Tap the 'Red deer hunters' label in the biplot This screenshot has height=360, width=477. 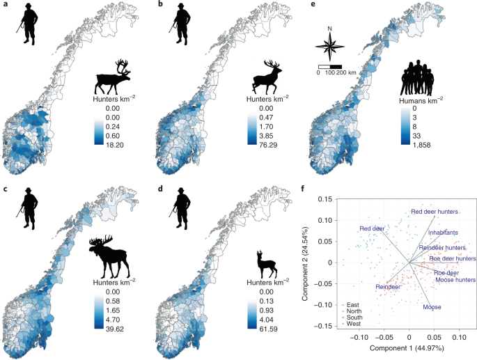click(x=437, y=212)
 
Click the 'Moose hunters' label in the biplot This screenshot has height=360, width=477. click(x=455, y=279)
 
